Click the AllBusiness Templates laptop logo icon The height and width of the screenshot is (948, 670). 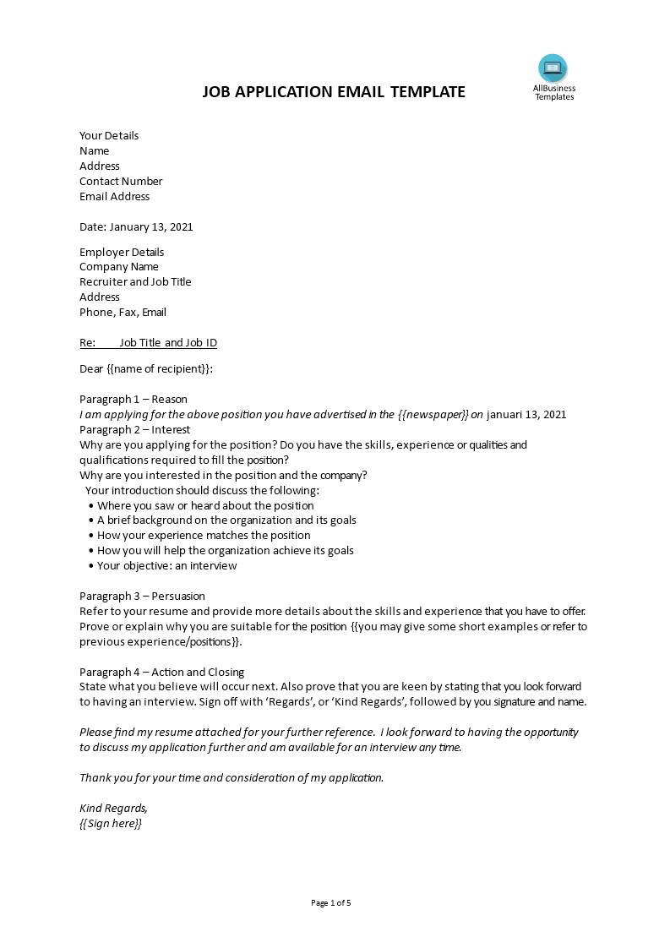[x=553, y=68]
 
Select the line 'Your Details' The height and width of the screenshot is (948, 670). [x=109, y=136]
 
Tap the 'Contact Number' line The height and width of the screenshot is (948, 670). [x=121, y=182]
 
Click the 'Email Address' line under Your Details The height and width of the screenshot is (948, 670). [x=114, y=197]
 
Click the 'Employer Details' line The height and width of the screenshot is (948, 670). [x=122, y=253]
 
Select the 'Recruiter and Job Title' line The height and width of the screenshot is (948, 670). [x=135, y=282]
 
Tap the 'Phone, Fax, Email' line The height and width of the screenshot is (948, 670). [x=123, y=313]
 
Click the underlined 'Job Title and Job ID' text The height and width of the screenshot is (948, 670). [x=168, y=343]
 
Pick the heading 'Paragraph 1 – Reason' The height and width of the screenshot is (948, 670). [x=133, y=400]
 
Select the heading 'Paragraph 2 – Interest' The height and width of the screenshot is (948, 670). [x=135, y=430]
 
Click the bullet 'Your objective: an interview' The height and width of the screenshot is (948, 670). [x=167, y=566]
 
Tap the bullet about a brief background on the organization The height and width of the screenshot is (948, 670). [x=226, y=520]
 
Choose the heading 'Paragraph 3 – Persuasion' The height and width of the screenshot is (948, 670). [x=142, y=597]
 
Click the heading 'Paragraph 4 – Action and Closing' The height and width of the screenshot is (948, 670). [x=161, y=673]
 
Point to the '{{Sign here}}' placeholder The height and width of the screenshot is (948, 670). [x=111, y=824]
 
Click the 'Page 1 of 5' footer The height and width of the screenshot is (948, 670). [x=330, y=903]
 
